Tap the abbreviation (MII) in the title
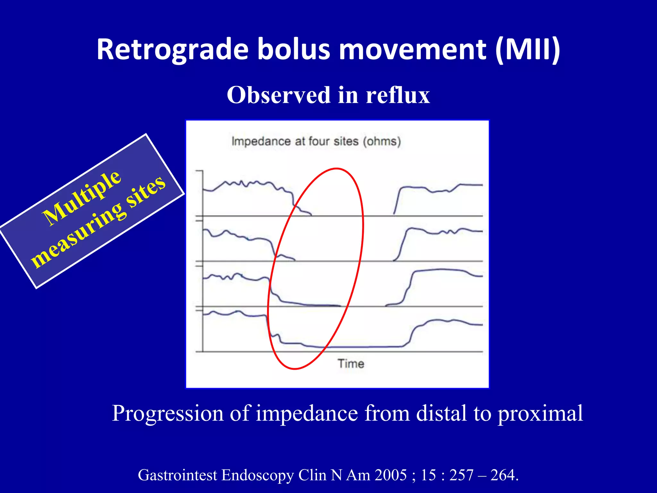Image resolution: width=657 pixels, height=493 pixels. click(x=527, y=50)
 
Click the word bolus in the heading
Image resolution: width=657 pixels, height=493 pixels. click(x=294, y=50)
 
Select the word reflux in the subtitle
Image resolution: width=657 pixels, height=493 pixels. click(x=397, y=95)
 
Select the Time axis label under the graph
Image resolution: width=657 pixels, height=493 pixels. click(x=351, y=364)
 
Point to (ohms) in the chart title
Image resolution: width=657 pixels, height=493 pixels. click(x=382, y=141)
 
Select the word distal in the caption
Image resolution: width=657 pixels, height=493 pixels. click(x=441, y=413)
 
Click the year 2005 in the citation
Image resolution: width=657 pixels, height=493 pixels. click(x=390, y=475)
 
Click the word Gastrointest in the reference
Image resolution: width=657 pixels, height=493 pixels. click(x=177, y=475)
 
